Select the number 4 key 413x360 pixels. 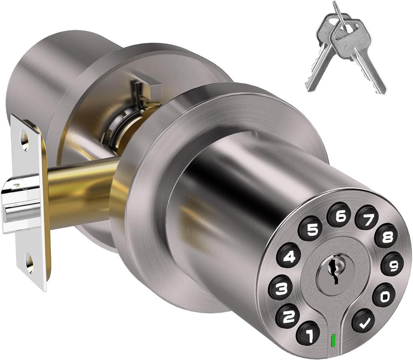[288, 255]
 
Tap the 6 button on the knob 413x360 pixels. [339, 215]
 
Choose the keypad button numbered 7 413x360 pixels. [366, 217]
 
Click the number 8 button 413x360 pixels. [386, 236]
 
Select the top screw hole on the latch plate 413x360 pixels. [24, 140]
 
